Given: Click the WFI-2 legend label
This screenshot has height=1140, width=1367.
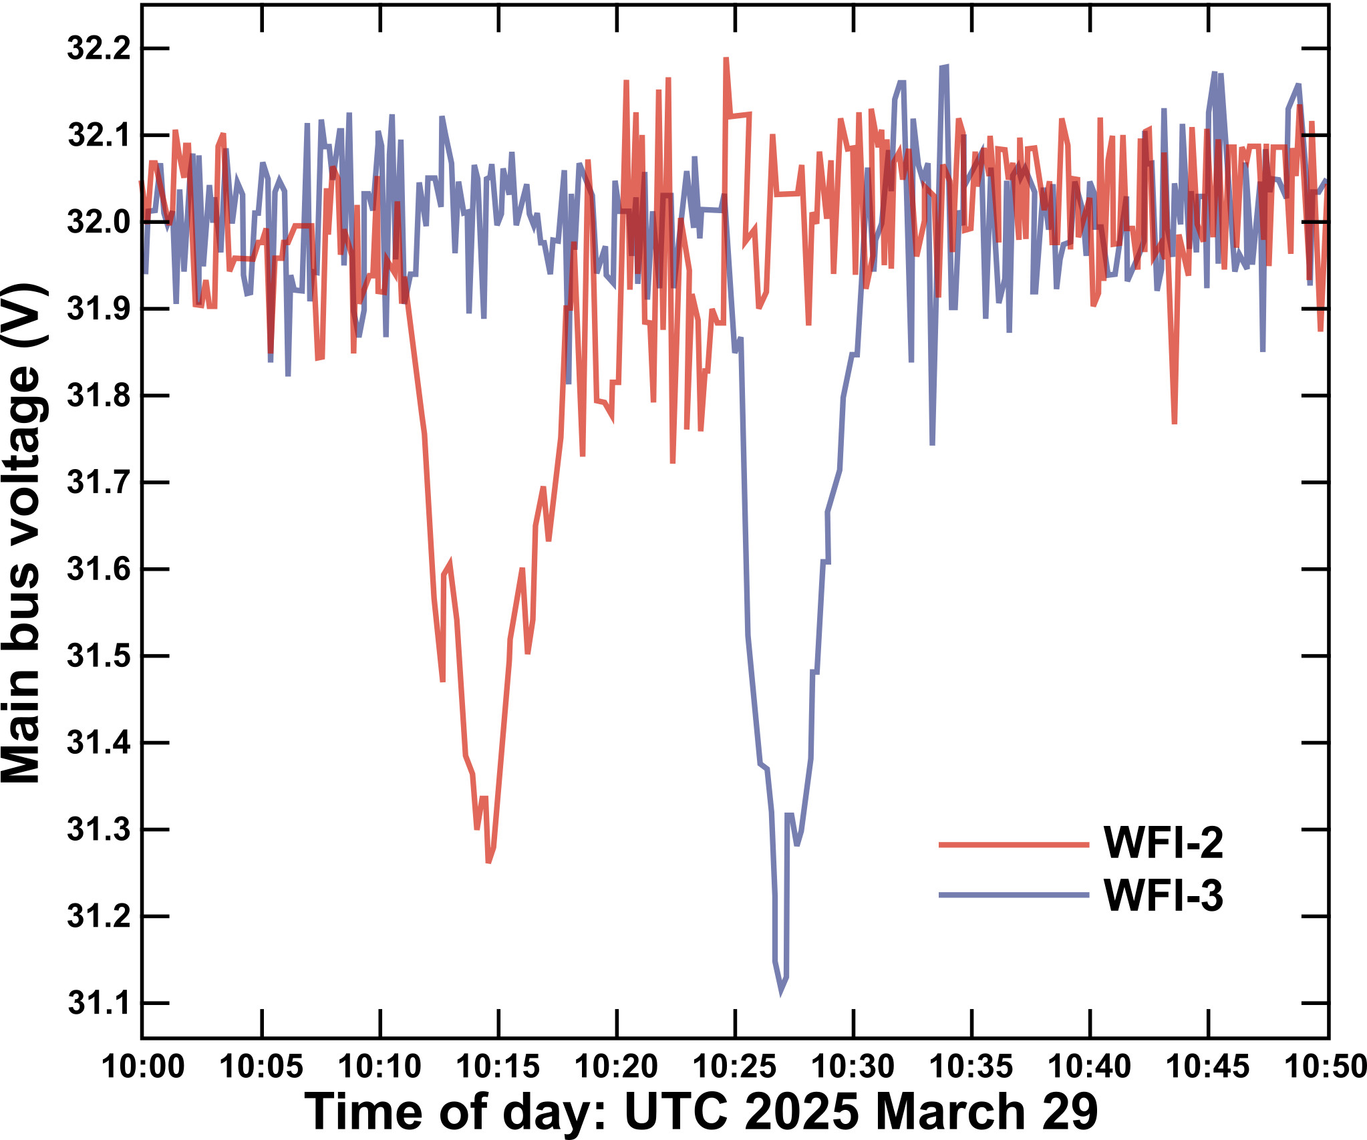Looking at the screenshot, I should pyautogui.click(x=1163, y=843).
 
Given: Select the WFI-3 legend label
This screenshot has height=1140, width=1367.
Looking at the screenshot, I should pyautogui.click(x=1163, y=895).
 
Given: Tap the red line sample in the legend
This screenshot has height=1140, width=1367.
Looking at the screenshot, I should pyautogui.click(x=1014, y=845).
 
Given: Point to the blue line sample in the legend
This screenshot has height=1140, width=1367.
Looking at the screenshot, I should pyautogui.click(x=1014, y=895).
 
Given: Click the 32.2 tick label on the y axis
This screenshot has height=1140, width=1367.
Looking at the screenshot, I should pyautogui.click(x=99, y=49).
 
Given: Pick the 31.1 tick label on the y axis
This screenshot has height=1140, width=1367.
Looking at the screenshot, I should pyautogui.click(x=99, y=1004).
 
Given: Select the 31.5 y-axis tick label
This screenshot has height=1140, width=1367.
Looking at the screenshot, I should pyautogui.click(x=99, y=656).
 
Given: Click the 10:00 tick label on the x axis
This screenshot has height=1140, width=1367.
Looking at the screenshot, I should pyautogui.click(x=143, y=1066).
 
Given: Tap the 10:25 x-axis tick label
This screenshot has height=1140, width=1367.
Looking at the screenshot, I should pyautogui.click(x=735, y=1066).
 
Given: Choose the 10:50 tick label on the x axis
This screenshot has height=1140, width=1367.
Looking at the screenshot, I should pyautogui.click(x=1326, y=1066).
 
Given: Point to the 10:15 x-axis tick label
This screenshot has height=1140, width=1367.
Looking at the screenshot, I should pyautogui.click(x=498, y=1066).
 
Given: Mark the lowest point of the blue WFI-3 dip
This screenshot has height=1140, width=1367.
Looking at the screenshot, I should pyautogui.click(x=781, y=993).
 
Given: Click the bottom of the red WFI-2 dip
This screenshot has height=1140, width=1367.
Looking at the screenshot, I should pyautogui.click(x=489, y=862).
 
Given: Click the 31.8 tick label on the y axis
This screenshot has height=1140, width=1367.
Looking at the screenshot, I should pyautogui.click(x=99, y=396).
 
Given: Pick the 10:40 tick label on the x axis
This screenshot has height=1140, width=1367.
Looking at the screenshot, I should pyautogui.click(x=1090, y=1066).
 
